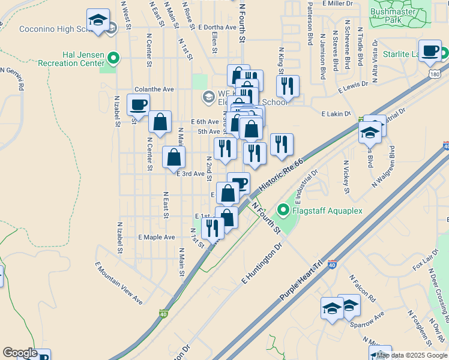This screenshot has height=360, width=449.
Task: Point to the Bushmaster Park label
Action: (x=402, y=16)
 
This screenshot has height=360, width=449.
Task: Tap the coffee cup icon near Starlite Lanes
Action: (x=430, y=52)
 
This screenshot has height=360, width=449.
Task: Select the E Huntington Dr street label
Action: (x=262, y=263)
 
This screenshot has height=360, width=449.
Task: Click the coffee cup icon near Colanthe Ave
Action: (x=139, y=104)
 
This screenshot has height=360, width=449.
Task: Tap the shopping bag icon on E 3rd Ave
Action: (x=173, y=157)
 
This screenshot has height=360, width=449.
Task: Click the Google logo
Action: (x=19, y=353)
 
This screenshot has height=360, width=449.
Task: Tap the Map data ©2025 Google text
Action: (x=411, y=355)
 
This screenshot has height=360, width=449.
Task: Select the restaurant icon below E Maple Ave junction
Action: (x=212, y=227)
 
